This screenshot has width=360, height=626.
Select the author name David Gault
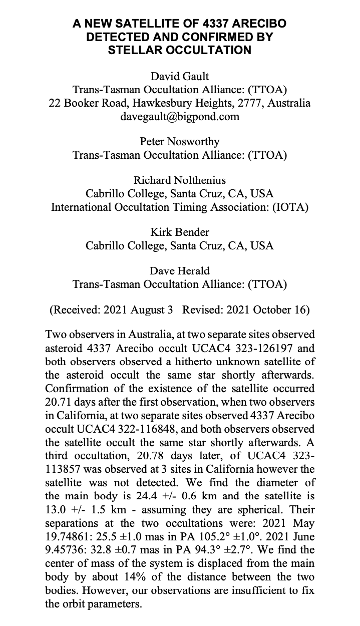pos(179,76)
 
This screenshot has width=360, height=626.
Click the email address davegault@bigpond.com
pos(179,117)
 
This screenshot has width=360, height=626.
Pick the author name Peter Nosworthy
pos(179,142)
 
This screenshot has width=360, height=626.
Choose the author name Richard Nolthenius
pos(179,180)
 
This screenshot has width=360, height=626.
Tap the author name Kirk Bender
pos(179,232)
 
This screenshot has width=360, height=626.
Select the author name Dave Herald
pos(179,270)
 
